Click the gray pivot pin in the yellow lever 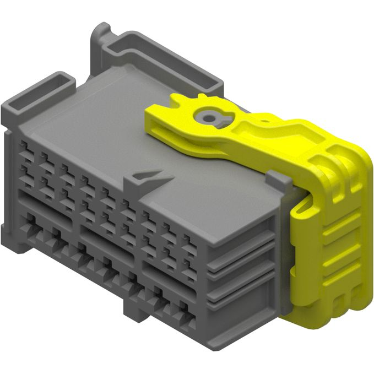point(210,116)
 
